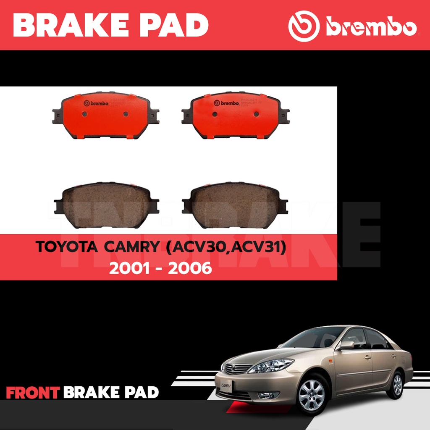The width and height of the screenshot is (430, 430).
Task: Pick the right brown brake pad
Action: [x=235, y=205]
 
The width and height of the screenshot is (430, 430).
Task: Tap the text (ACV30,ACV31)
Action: [x=226, y=247]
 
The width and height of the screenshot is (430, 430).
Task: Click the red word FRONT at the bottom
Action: [x=32, y=393]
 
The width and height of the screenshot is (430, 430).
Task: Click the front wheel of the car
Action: [x=311, y=394]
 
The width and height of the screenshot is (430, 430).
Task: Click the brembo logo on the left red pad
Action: [x=96, y=103]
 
